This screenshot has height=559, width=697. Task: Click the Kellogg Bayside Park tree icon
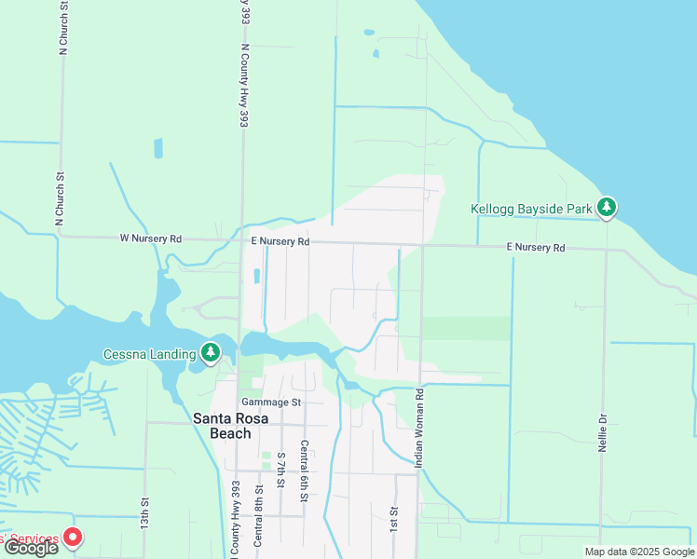coord(608,207)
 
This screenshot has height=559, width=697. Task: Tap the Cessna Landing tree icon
coord(212,353)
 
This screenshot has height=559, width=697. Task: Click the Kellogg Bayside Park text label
coord(531,209)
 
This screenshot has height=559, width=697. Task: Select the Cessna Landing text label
coord(149,354)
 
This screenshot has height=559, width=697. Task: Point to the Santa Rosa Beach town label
coord(236,426)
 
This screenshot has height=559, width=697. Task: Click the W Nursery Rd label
coord(150,239)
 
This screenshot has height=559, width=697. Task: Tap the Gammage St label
coord(271,402)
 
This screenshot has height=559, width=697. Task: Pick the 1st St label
coord(394,519)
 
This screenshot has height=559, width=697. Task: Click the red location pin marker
coord(72,538)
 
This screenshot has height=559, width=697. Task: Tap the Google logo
coord(31,548)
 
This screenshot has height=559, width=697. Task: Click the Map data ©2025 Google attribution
coord(638,552)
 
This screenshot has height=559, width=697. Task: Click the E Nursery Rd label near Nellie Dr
coord(536,248)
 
